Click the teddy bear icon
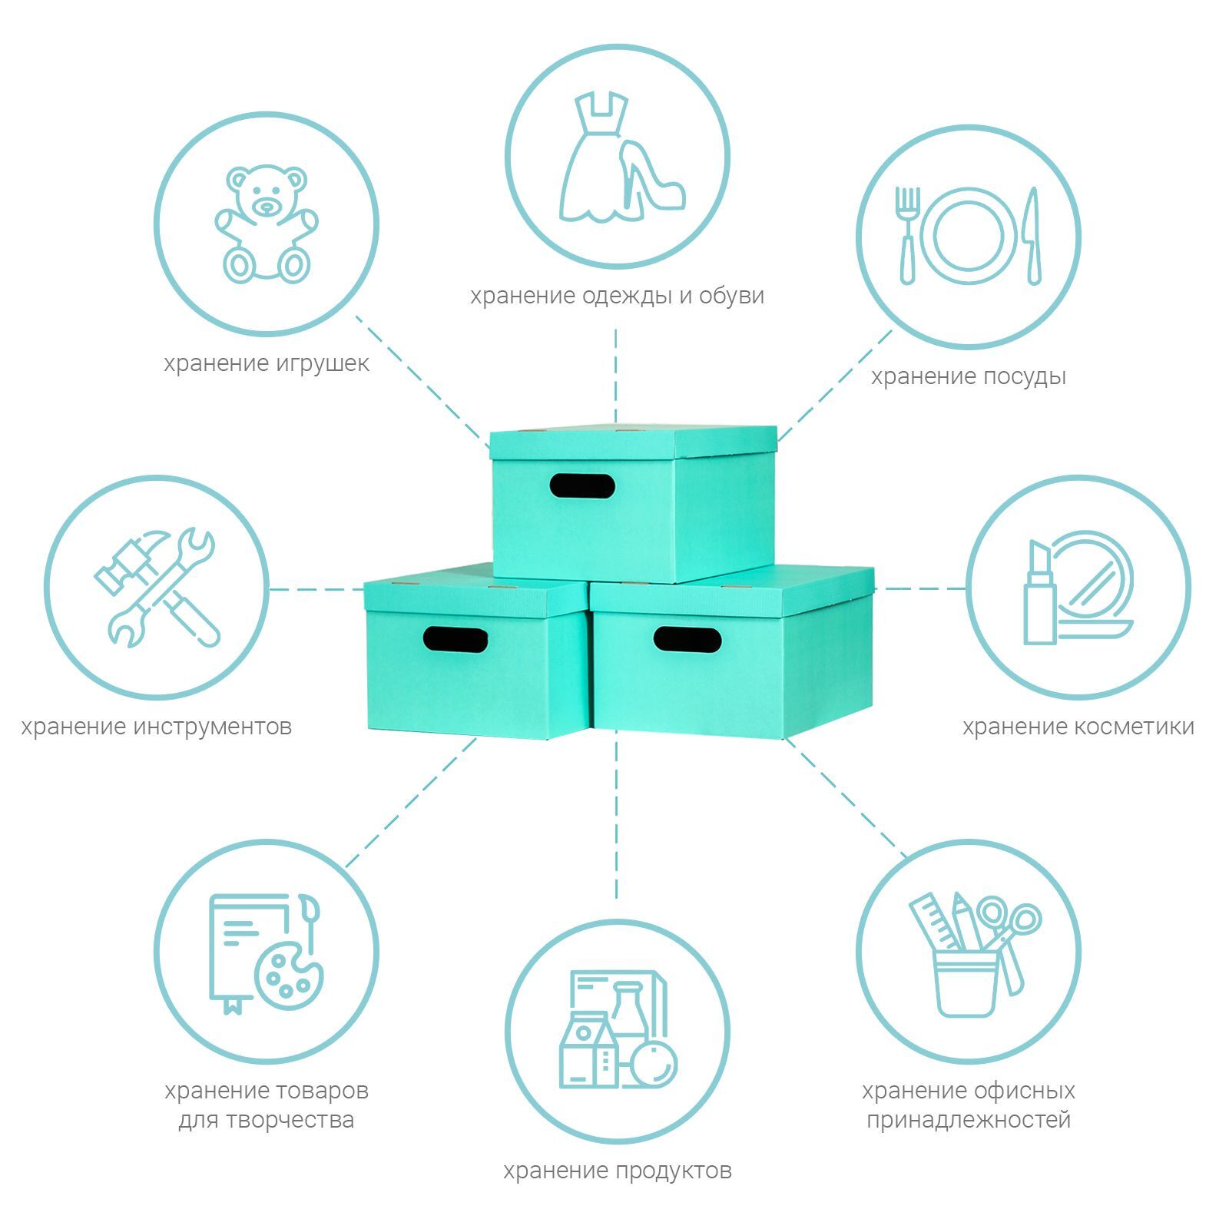point(265,223)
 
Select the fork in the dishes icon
point(907,234)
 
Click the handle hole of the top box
point(582,485)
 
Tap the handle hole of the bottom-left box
point(455,639)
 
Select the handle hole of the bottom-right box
point(687,639)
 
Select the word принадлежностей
point(969,1119)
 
